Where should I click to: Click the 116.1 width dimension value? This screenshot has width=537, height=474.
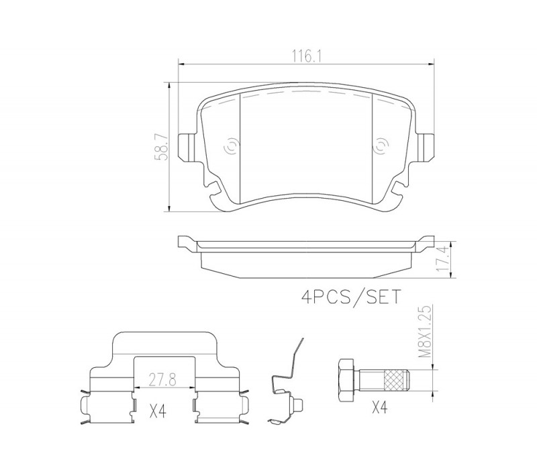pyautogui.click(x=306, y=56)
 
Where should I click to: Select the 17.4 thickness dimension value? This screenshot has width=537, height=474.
pyautogui.click(x=443, y=260)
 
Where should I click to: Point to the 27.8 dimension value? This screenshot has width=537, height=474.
pyautogui.click(x=162, y=380)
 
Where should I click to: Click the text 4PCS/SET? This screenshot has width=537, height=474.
pyautogui.click(x=350, y=297)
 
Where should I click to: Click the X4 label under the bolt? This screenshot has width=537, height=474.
pyautogui.click(x=380, y=408)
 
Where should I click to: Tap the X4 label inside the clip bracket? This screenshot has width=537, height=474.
pyautogui.click(x=158, y=412)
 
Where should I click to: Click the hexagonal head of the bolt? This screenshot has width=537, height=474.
pyautogui.click(x=346, y=381)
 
